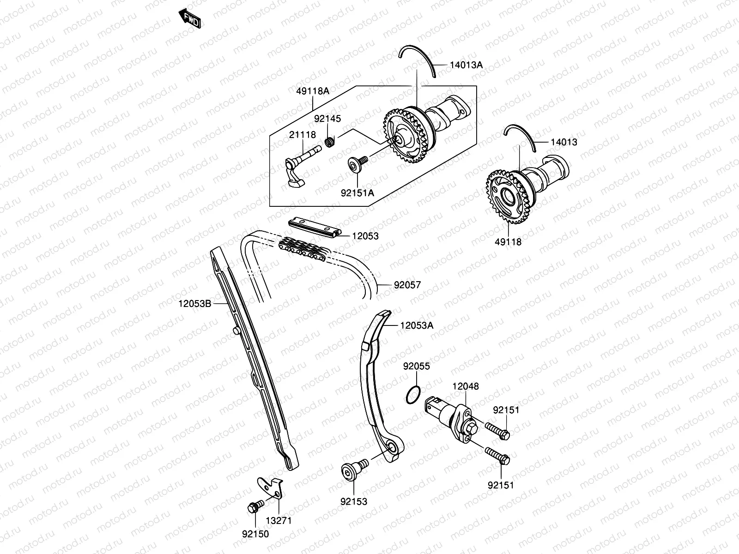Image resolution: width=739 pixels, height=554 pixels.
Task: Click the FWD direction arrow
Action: click(x=190, y=19)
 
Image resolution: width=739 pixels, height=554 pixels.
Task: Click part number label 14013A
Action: click(x=466, y=65)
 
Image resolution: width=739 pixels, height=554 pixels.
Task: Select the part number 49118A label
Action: click(x=313, y=91)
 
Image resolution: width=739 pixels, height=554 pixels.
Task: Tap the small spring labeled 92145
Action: click(x=330, y=142)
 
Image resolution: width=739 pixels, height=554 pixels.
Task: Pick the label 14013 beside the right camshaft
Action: click(x=564, y=142)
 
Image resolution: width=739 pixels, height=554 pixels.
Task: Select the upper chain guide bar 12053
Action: click(x=315, y=228)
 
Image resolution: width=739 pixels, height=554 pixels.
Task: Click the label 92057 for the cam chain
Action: click(x=407, y=285)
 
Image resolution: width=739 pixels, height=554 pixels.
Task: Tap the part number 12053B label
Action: click(x=194, y=303)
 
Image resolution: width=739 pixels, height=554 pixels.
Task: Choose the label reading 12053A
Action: click(x=417, y=325)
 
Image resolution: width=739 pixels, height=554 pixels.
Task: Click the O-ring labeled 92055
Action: click(x=413, y=395)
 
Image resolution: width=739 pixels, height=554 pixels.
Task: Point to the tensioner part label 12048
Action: click(x=466, y=386)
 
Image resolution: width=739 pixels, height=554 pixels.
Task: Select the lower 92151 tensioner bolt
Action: click(x=497, y=456)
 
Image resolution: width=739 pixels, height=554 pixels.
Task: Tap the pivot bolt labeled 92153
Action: click(x=355, y=470)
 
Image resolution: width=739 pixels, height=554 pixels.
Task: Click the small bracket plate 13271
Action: click(x=270, y=488)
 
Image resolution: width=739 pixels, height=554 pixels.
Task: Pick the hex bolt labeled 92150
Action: click(x=256, y=506)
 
